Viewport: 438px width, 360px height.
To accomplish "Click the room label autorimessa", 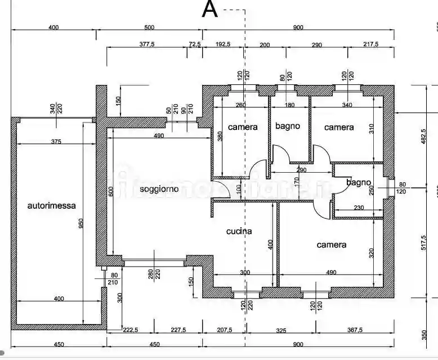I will [x=51, y=206].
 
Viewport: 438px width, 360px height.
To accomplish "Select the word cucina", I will [x=239, y=231].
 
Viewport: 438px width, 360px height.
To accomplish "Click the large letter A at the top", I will [x=210, y=10].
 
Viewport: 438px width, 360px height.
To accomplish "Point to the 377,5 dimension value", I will [x=147, y=44].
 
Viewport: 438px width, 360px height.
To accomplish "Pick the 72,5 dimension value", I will [x=195, y=44].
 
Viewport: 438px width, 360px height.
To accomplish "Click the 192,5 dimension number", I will [x=223, y=44].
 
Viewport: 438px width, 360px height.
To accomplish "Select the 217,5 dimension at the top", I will [x=370, y=44].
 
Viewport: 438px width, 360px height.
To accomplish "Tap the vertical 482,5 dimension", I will [x=424, y=136].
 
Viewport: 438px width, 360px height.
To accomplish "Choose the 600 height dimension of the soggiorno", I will [x=111, y=191].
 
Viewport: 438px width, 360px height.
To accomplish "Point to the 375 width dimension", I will [x=56, y=142].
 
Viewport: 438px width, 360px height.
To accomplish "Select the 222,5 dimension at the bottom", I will [x=131, y=331].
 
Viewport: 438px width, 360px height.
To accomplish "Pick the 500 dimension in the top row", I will [x=149, y=28].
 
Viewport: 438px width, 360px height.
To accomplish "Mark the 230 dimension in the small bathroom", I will [x=359, y=208].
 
